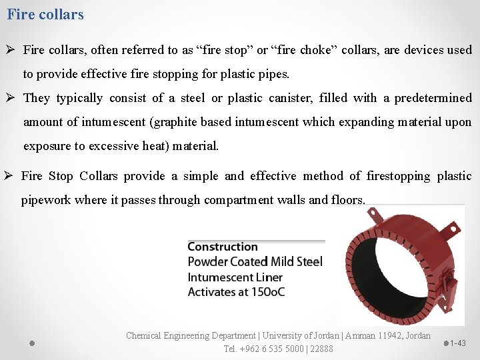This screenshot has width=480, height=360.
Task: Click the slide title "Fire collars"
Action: click(x=45, y=14)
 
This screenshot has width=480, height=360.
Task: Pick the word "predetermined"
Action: click(x=433, y=98)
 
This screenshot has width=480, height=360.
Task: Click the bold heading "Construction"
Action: click(x=223, y=247)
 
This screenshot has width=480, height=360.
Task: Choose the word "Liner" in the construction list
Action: click(x=268, y=277)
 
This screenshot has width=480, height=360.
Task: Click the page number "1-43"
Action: click(x=458, y=343)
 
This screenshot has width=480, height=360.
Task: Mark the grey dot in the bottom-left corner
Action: click(x=31, y=343)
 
